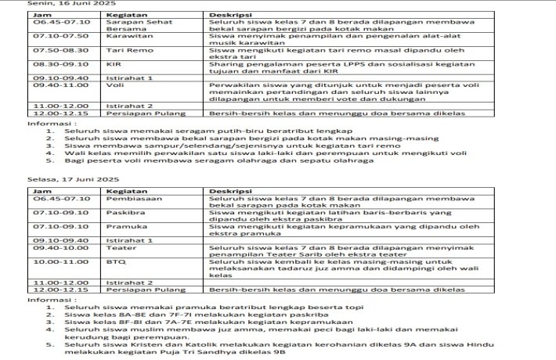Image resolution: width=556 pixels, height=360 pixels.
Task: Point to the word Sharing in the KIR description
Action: (224, 64)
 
